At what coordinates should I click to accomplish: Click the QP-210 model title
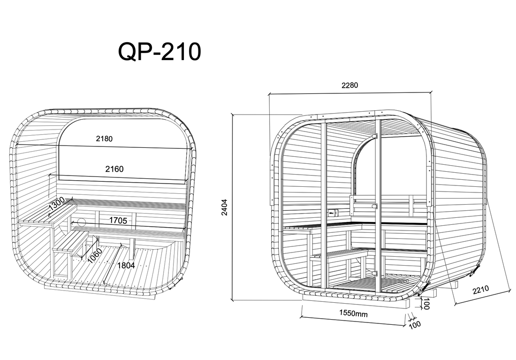(159, 52)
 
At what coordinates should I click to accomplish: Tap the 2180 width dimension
(104, 138)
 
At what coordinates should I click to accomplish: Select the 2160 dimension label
(114, 169)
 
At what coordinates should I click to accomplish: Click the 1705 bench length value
(118, 220)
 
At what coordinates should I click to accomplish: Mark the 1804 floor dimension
(126, 265)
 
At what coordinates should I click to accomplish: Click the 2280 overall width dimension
(349, 85)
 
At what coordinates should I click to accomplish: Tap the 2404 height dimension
(224, 207)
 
